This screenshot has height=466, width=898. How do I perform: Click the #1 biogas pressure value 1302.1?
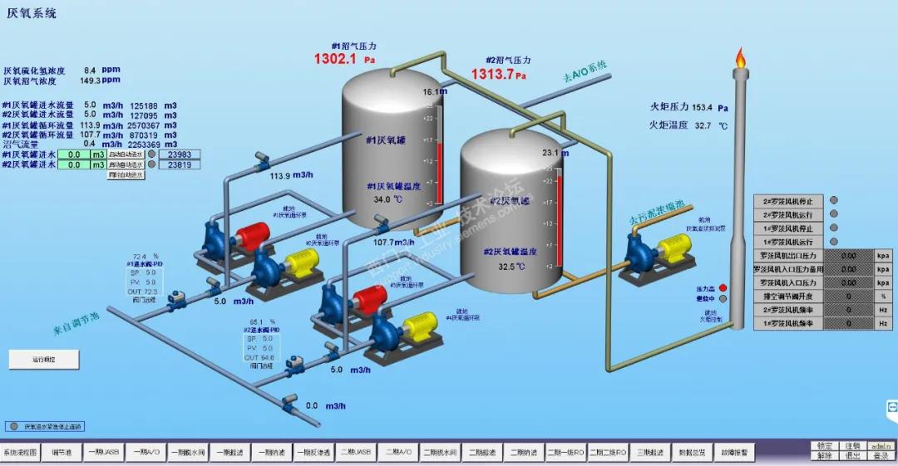pyautogui.click(x=334, y=59)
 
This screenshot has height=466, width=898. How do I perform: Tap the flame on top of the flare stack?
pyautogui.click(x=740, y=57)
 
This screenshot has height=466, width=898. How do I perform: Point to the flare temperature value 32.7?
pyautogui.click(x=703, y=125)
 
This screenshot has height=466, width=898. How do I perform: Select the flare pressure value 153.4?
pyautogui.click(x=702, y=107)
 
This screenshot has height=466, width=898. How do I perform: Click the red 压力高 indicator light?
pyautogui.click(x=723, y=287)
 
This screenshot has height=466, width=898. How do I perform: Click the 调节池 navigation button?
pyautogui.click(x=62, y=453)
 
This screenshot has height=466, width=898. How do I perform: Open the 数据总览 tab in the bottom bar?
pyautogui.click(x=692, y=453)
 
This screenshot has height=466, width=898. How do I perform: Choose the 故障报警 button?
pyautogui.click(x=734, y=453)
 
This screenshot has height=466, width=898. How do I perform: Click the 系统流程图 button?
pyautogui.click(x=20, y=453)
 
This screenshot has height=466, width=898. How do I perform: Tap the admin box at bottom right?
pyautogui.click(x=880, y=446)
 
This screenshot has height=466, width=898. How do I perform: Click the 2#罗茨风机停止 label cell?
pyautogui.click(x=788, y=201)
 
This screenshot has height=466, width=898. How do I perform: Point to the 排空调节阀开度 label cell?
pyautogui.click(x=788, y=296)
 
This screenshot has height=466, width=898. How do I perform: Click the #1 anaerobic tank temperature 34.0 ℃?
pyautogui.click(x=388, y=199)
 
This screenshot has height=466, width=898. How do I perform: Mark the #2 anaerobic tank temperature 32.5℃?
pyautogui.click(x=511, y=267)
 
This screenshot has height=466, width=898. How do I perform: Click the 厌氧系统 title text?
pyautogui.click(x=32, y=14)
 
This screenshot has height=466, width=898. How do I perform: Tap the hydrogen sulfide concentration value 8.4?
pyautogui.click(x=91, y=71)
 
